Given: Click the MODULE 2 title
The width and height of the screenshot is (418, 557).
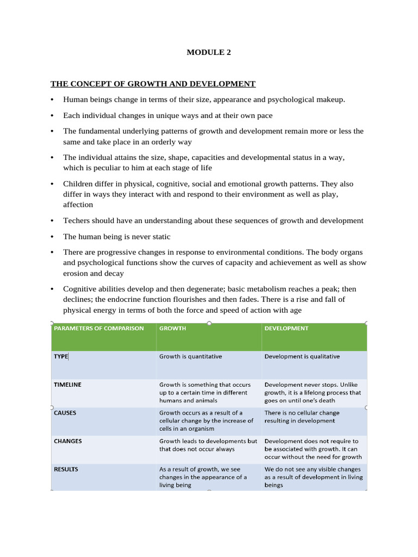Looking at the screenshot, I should pyautogui.click(x=205, y=53).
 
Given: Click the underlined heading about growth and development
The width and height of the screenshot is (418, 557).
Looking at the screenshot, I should pyautogui.click(x=153, y=84).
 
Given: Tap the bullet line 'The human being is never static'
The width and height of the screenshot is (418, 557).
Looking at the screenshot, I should pyautogui.click(x=116, y=237).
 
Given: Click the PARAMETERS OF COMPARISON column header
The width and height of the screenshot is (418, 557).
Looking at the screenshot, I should pyautogui.click(x=99, y=329).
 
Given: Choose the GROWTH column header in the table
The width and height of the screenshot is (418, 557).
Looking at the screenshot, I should pyautogui.click(x=173, y=329).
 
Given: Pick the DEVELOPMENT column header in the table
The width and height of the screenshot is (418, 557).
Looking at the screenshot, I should pyautogui.click(x=286, y=329).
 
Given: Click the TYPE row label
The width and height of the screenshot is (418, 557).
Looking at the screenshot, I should pyautogui.click(x=61, y=357).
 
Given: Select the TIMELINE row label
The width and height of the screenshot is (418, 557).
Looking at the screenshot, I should pyautogui.click(x=67, y=385).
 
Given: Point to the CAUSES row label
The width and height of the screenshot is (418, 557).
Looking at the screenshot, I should pyautogui.click(x=65, y=413).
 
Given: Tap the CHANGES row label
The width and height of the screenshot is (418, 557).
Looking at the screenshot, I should pyautogui.click(x=68, y=441).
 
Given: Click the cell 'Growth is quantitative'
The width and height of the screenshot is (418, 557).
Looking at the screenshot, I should pyautogui.click(x=190, y=357).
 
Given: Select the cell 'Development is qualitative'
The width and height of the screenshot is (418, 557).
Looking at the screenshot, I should pyautogui.click(x=302, y=357).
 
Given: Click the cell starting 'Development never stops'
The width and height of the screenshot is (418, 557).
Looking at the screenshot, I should pyautogui.click(x=312, y=392).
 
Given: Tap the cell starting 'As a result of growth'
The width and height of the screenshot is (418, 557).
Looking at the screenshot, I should pyautogui.click(x=202, y=476).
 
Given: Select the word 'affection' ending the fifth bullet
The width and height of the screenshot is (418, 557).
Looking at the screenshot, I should pyautogui.click(x=78, y=205).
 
